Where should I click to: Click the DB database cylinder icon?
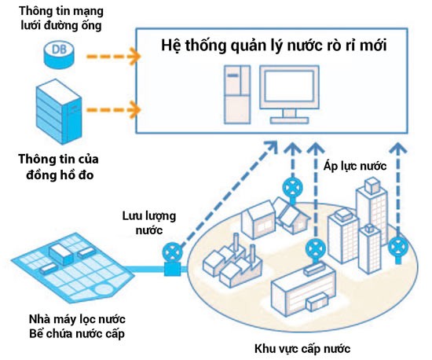(x=59, y=54)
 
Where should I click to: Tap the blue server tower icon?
(x=59, y=112)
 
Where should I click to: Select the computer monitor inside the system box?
(x=289, y=94)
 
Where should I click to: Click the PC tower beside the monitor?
(x=237, y=94)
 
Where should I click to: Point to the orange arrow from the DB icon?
(x=114, y=57)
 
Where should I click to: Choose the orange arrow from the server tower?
(x=114, y=110)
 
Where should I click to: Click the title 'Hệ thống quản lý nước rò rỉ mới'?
(x=274, y=46)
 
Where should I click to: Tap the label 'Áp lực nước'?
(x=355, y=166)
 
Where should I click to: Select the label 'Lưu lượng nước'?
(x=149, y=222)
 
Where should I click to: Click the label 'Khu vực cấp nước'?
(x=302, y=348)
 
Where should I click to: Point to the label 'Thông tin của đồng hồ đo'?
(x=59, y=167)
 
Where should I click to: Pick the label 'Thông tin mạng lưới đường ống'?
(x=61, y=18)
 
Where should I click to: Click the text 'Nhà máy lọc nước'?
(x=77, y=319)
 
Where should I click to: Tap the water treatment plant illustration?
(x=72, y=268)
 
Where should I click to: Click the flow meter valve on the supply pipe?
(x=173, y=260)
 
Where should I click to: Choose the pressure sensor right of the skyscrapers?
(x=398, y=249)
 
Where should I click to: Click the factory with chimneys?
(x=232, y=262)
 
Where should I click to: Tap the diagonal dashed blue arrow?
(x=229, y=193)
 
